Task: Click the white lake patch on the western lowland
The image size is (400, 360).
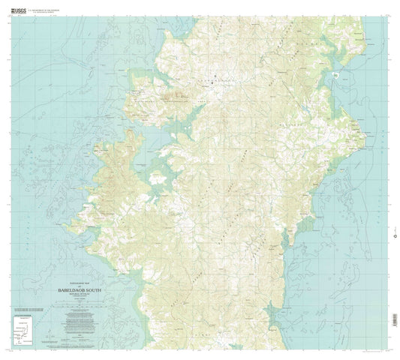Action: pos(158,178)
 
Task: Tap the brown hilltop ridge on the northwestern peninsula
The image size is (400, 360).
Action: pos(161,97)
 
